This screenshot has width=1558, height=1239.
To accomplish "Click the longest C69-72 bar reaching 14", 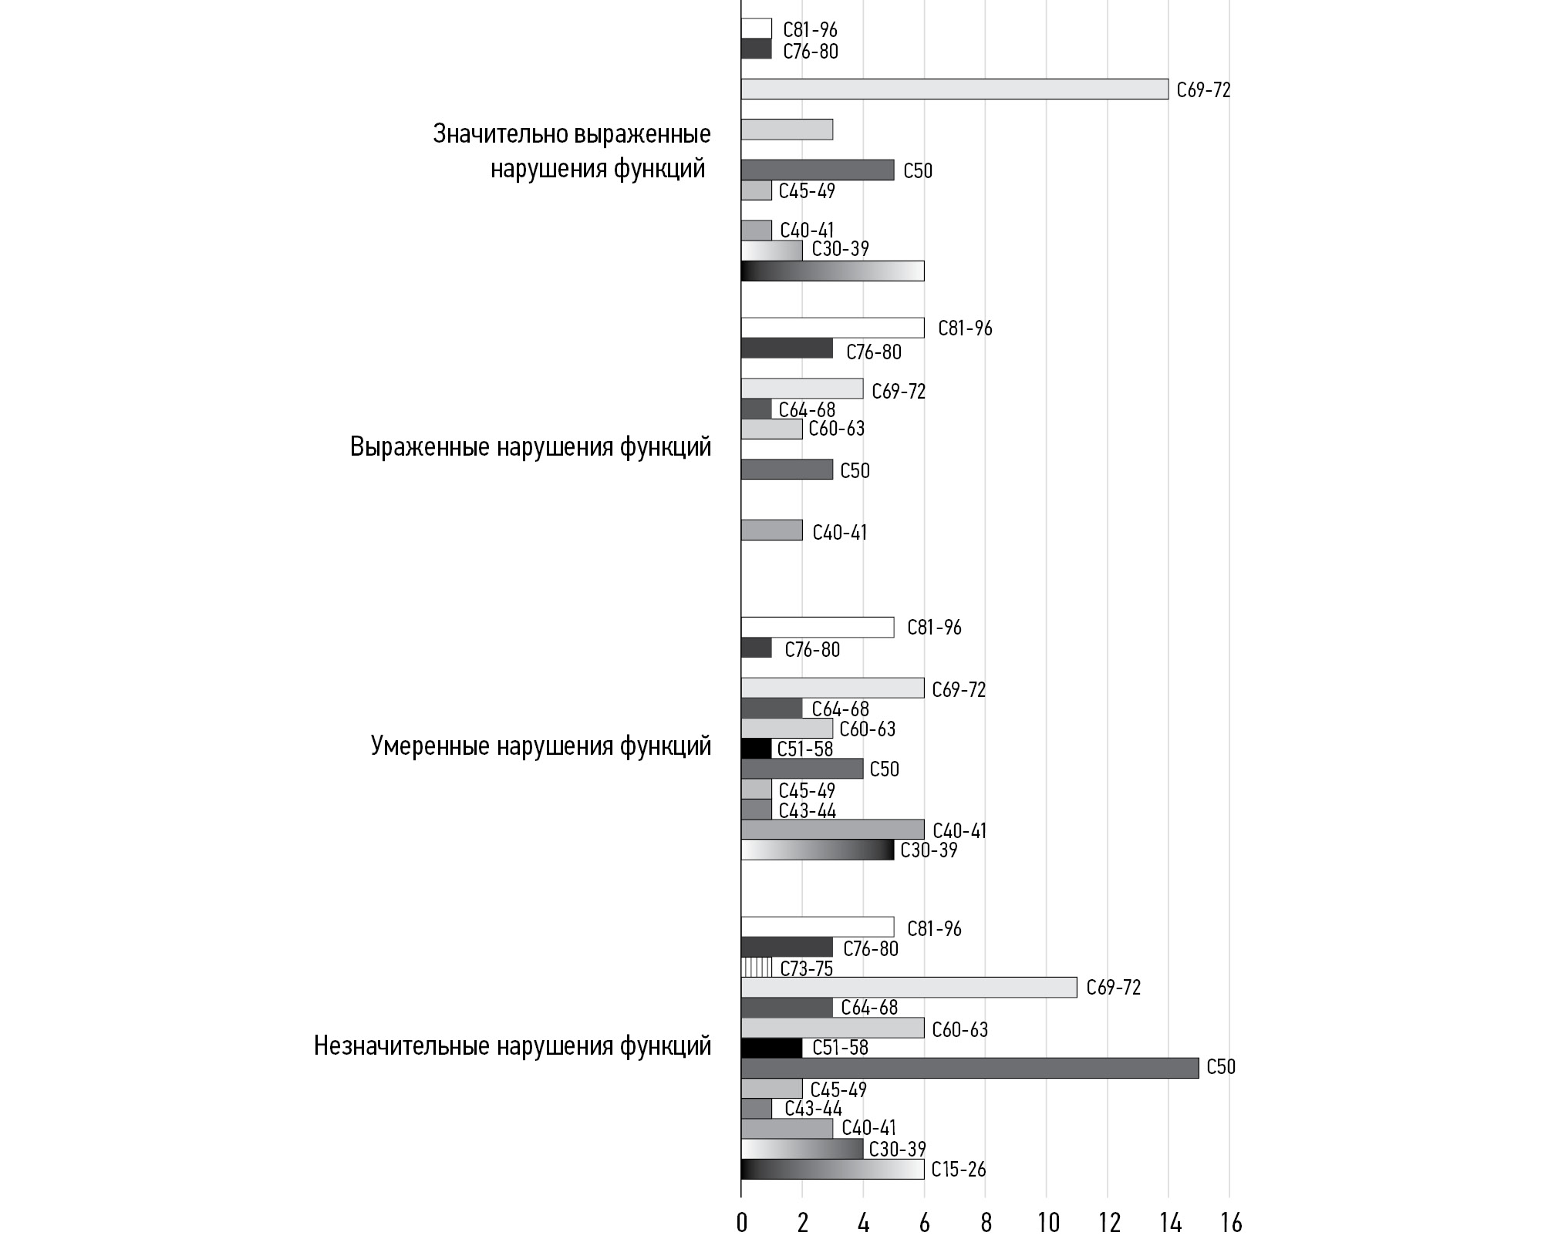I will point(954,89).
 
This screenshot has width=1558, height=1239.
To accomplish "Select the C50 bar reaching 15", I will point(970,1068).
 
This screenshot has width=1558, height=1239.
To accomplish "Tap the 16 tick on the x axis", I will point(1231,1223).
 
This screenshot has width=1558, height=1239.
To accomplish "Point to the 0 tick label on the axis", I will point(742,1223).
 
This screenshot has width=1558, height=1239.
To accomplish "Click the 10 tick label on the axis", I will point(1047,1223).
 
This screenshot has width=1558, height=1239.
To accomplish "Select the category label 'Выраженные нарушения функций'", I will point(531,447).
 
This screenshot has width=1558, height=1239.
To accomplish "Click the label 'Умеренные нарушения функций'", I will point(541,746).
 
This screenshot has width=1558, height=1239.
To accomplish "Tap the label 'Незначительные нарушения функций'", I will point(512,1046).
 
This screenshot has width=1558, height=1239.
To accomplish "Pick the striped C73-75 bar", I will point(756,967).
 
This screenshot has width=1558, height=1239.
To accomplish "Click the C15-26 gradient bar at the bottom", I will point(832,1169).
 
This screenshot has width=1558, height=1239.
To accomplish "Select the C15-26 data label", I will point(958,1170).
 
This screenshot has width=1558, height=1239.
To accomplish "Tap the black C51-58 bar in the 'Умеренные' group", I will point(756,749).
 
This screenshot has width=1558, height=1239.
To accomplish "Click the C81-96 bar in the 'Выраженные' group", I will point(832,328).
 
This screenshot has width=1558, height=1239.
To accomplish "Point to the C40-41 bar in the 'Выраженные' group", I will point(771,530).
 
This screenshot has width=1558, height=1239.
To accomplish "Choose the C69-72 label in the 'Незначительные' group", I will point(1113,988).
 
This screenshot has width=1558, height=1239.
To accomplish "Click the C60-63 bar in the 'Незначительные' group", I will point(832,1028).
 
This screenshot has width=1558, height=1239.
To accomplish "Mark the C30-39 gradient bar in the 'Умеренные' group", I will point(817,850).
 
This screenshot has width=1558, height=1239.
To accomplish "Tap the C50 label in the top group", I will point(918,171).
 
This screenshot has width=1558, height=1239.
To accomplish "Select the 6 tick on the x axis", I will point(924,1223).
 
